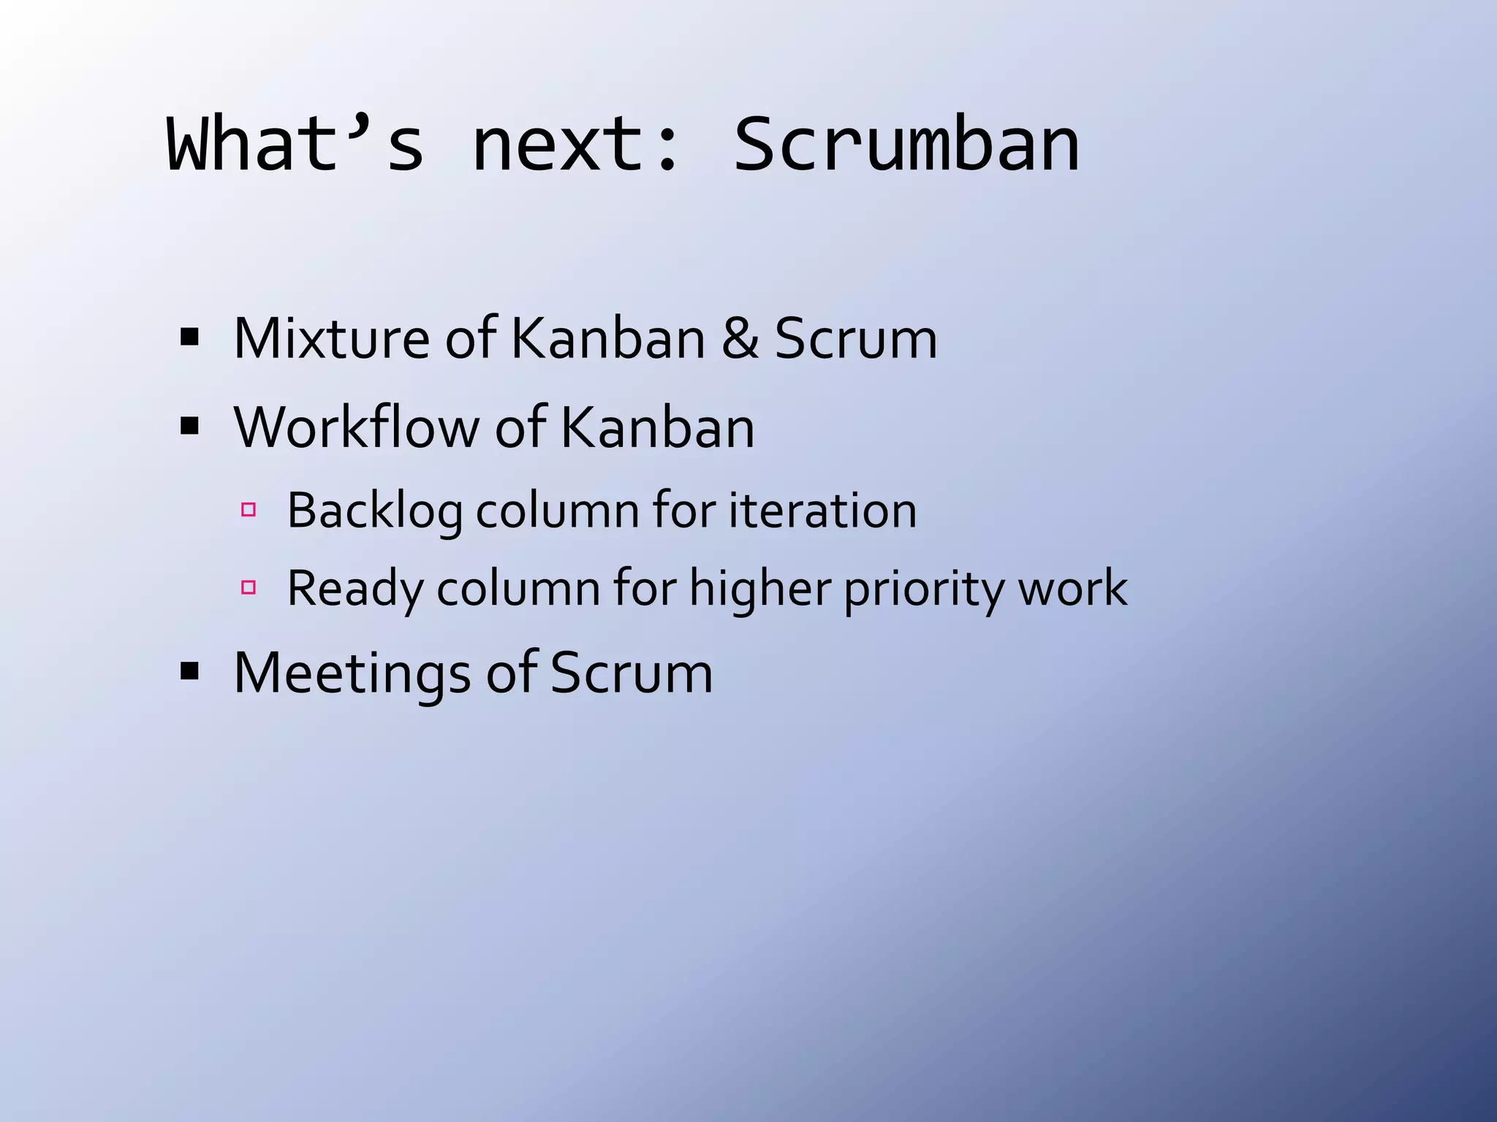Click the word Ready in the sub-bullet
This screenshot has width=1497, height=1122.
[354, 588]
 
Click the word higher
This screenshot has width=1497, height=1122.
[759, 588]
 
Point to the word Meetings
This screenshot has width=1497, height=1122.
[352, 673]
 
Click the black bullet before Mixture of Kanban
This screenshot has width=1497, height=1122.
[189, 337]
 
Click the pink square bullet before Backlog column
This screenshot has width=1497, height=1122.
[249, 509]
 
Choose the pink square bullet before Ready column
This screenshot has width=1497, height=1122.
[249, 587]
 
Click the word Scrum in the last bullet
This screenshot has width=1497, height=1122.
[631, 673]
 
